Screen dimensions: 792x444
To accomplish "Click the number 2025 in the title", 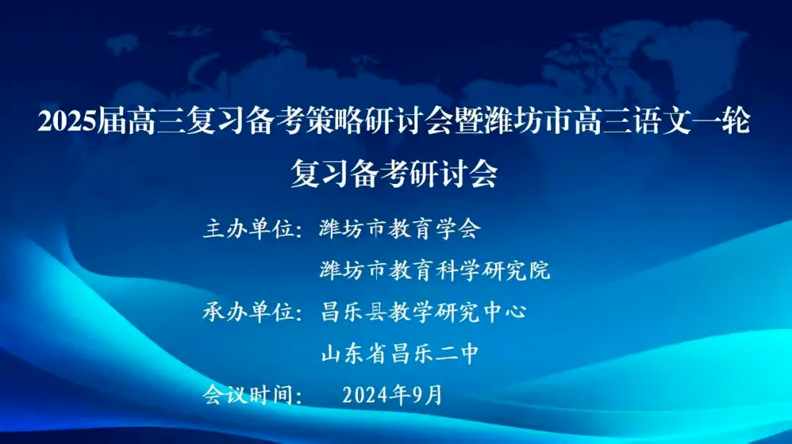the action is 67,122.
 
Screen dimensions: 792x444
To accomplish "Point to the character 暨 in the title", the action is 469,122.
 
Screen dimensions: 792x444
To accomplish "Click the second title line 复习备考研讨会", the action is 395,174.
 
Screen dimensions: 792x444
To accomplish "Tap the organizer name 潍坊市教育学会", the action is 400,229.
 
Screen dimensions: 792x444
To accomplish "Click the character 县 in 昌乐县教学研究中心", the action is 375,312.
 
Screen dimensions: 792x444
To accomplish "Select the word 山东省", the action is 353,354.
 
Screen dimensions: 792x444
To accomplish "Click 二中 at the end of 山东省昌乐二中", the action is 458,354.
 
